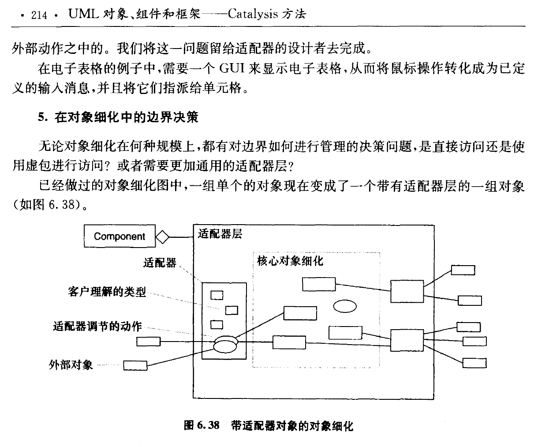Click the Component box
coord(120,236)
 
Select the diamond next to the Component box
coord(162,237)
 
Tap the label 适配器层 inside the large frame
coord(220,234)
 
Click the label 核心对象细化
coord(290,261)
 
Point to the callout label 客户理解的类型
coord(107,292)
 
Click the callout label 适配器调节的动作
coord(97,326)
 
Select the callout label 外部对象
coord(71,365)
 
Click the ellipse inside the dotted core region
coord(344,306)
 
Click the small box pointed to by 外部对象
coord(135,365)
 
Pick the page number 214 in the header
coord(39,15)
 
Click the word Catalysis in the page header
coord(253,14)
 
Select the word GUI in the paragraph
coord(232,68)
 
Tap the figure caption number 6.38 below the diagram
coord(208,425)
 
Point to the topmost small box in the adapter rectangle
coord(217,295)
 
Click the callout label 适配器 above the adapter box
coord(160,263)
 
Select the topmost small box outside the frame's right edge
coord(463,270)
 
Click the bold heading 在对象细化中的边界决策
coord(126,117)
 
